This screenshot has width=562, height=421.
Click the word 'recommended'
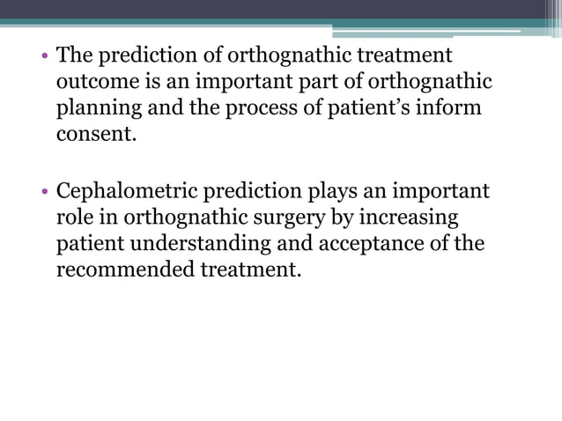pyautogui.click(x=122, y=270)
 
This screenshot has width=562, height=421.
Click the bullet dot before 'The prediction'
pyautogui.click(x=43, y=56)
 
